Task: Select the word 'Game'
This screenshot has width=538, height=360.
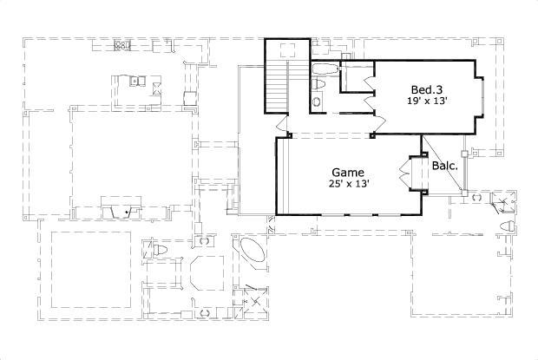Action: pos(348,172)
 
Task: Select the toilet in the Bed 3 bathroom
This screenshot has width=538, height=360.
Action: pos(318,84)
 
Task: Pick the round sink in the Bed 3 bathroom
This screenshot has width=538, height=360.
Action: pos(315,102)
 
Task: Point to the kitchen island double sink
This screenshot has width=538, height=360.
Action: pos(136,82)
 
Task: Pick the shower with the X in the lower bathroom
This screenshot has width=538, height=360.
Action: pos(253,296)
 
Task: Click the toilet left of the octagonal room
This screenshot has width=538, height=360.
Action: pos(159,252)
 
